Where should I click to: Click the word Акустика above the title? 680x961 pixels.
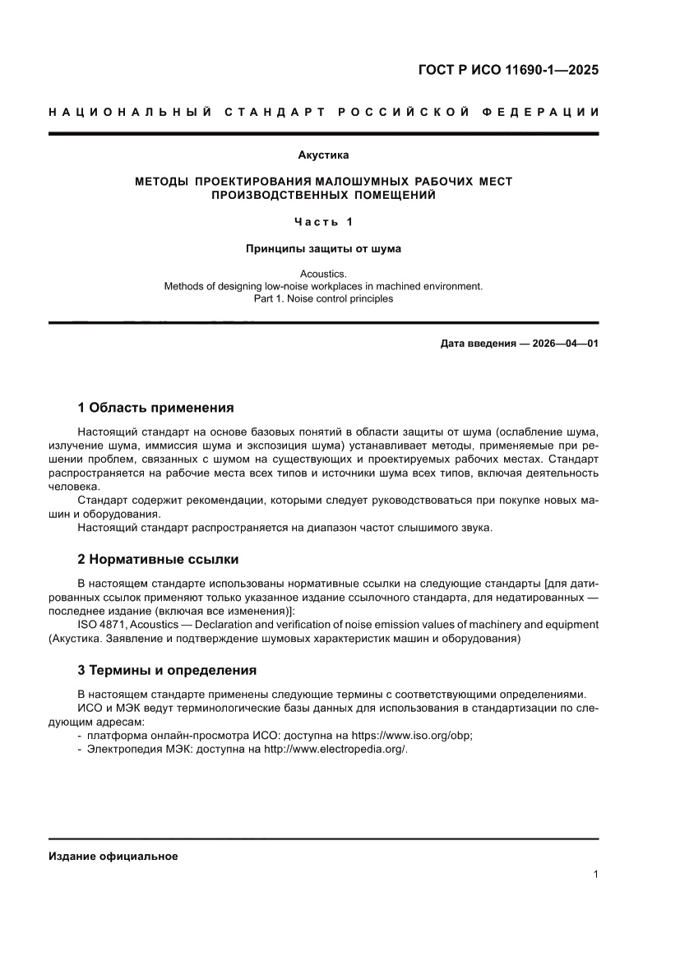point(323,155)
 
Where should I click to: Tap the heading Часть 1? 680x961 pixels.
point(323,222)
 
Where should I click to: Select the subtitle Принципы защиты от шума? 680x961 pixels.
point(323,247)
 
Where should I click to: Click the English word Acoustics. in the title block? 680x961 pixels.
point(323,274)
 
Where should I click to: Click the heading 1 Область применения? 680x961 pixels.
point(155,408)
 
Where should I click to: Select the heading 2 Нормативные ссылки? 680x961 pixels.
point(158,559)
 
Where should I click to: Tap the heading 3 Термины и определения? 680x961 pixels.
point(167,670)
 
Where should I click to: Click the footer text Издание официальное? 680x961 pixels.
point(113,856)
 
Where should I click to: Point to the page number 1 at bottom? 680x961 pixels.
point(594,875)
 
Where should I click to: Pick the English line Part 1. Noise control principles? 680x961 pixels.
point(323,299)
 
